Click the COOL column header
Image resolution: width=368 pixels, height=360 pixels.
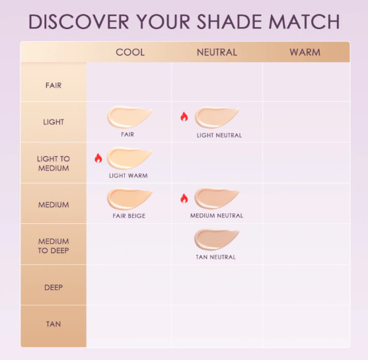pos(129,52)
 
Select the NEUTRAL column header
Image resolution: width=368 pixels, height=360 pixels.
pos(217,52)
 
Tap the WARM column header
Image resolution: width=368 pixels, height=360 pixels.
pos(305,52)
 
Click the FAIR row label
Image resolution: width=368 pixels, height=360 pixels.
pos(54,85)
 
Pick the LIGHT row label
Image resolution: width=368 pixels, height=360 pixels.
pos(54,122)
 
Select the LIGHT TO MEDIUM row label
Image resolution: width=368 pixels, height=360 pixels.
pos(54,163)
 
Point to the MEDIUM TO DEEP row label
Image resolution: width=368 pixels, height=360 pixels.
pos(54,246)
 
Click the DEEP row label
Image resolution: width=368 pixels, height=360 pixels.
pos(54,287)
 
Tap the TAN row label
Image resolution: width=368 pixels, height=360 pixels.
pos(54,324)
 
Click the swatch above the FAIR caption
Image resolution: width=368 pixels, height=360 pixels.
pos(129,118)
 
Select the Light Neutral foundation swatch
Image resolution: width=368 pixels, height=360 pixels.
pos(217,118)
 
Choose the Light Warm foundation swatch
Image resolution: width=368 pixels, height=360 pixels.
pos(129,159)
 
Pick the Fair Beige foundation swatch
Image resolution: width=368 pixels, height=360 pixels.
pos(129,199)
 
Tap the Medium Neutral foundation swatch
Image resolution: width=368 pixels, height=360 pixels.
pos(217,199)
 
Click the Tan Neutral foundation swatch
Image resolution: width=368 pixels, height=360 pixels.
pos(216,240)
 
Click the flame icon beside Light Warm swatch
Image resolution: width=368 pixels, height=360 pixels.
pos(98,158)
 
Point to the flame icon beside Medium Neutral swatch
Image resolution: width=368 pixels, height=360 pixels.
pos(184,198)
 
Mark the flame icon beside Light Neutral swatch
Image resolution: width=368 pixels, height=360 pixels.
pos(184,117)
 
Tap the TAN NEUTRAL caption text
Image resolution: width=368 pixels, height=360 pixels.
pos(216,257)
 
